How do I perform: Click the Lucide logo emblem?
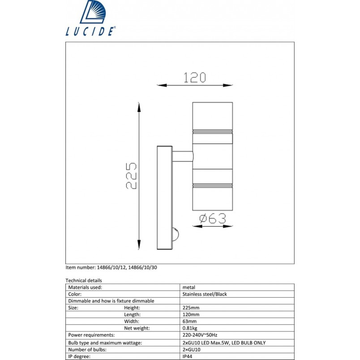pos(93,12)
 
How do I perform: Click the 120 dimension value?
pos(195,77)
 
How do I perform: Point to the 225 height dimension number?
pos(131,176)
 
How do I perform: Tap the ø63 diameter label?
pos(213,219)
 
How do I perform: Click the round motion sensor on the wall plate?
pos(176,235)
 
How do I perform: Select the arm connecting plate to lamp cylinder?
pos(183,156)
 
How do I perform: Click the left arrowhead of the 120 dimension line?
pos(162,85)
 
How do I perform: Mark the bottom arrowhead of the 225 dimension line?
pos(139,244)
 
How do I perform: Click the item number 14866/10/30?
pos(142,267)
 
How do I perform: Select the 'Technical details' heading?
pos(84,280)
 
